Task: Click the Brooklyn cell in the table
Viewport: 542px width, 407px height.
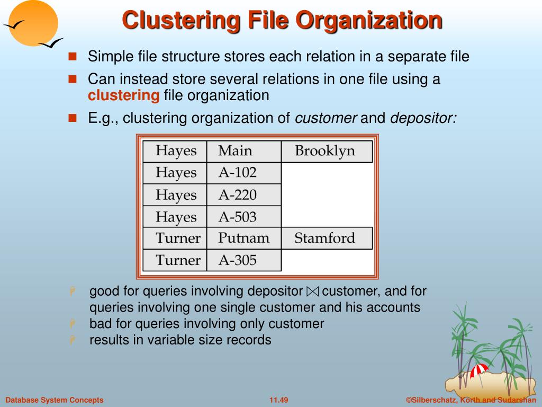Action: click(325, 151)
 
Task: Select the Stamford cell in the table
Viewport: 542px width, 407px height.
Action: click(325, 238)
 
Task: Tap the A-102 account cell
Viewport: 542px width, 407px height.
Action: click(238, 173)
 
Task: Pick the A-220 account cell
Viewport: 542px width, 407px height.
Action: click(238, 195)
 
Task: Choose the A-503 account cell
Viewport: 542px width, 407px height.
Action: click(238, 217)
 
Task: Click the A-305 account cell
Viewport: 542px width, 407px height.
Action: click(238, 260)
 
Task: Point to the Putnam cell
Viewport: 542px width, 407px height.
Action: click(243, 238)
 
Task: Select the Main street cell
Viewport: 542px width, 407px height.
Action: click(236, 151)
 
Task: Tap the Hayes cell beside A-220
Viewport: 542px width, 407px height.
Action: click(175, 195)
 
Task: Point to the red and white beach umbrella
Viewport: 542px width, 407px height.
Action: click(480, 370)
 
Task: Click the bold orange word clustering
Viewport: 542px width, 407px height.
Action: click(123, 95)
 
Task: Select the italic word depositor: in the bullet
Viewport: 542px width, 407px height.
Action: click(423, 118)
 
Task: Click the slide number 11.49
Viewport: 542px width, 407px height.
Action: click(278, 400)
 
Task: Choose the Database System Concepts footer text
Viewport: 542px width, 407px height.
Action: click(55, 400)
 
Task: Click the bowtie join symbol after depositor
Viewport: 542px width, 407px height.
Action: click(313, 291)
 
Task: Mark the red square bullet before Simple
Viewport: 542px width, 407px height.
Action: click(73, 56)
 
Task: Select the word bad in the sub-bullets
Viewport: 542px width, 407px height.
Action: click(98, 323)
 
